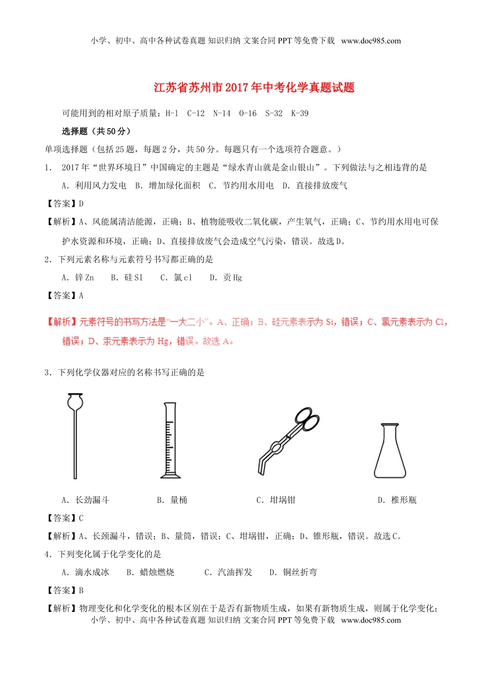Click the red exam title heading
click(254, 87)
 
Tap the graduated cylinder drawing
click(170, 440)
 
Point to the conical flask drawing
click(390, 451)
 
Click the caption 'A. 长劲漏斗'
click(85, 500)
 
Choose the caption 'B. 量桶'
click(172, 500)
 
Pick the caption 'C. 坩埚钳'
click(275, 500)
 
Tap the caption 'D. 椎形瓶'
click(397, 500)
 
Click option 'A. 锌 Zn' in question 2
click(78, 278)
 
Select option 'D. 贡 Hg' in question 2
click(225, 278)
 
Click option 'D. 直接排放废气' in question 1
click(315, 185)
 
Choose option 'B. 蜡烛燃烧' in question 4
click(150, 572)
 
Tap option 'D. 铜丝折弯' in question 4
click(293, 572)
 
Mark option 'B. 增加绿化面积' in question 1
click(167, 185)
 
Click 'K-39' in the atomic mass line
click(300, 114)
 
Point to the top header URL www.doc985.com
click(371, 41)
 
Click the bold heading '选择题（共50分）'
click(96, 131)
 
